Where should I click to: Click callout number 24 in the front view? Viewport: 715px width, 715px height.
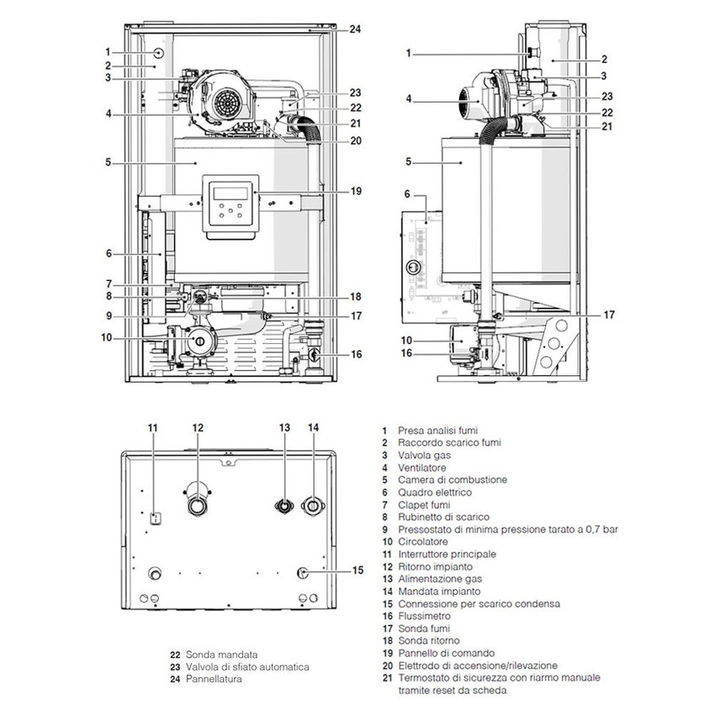[x=355, y=29]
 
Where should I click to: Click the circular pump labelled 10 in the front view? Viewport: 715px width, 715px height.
[x=200, y=341]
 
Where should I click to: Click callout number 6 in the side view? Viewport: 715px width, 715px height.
[x=407, y=193]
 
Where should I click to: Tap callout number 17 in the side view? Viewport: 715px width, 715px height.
[x=608, y=315]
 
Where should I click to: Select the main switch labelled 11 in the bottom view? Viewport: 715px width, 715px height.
[x=155, y=518]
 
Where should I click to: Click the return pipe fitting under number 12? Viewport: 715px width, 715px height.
[x=198, y=503]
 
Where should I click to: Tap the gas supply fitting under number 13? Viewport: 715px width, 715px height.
[x=285, y=505]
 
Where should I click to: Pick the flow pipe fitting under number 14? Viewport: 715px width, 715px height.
[x=314, y=505]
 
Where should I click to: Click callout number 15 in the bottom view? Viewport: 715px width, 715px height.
[x=357, y=569]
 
